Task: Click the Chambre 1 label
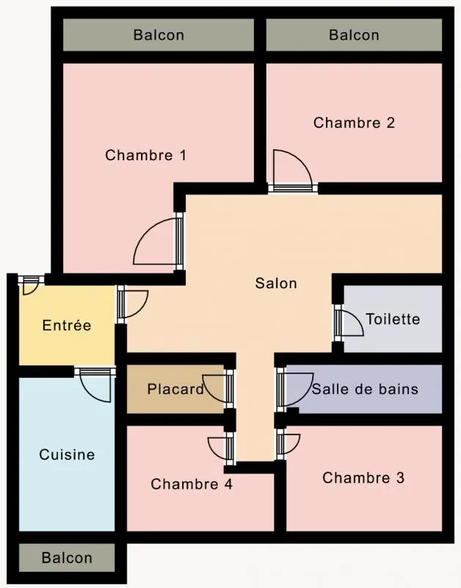(145, 155)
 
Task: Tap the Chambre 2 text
(354, 123)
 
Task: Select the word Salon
(276, 283)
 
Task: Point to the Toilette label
(393, 319)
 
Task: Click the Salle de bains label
(365, 389)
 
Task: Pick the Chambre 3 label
(363, 478)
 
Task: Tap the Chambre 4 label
(192, 484)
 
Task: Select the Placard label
(175, 389)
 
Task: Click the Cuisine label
(67, 454)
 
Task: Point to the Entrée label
(67, 325)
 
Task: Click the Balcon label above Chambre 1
(159, 35)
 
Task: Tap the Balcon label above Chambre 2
(354, 35)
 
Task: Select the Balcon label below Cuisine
(67, 558)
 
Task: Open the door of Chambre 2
(292, 169)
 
